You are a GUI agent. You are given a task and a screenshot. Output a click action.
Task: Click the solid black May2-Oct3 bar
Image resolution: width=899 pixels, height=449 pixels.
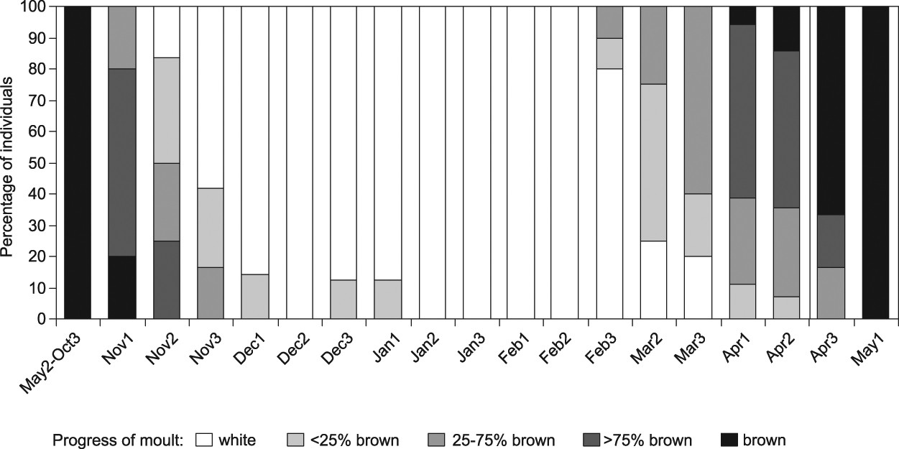click(x=78, y=162)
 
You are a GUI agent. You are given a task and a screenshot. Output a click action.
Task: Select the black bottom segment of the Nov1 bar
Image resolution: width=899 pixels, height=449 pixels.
click(x=121, y=287)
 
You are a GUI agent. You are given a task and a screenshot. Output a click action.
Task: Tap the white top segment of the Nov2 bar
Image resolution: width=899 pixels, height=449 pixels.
click(x=166, y=32)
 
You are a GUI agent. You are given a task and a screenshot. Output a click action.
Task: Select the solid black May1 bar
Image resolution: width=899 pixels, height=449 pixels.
click(x=875, y=162)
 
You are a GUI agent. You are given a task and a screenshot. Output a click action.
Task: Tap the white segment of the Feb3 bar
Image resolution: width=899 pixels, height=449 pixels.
click(x=609, y=194)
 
